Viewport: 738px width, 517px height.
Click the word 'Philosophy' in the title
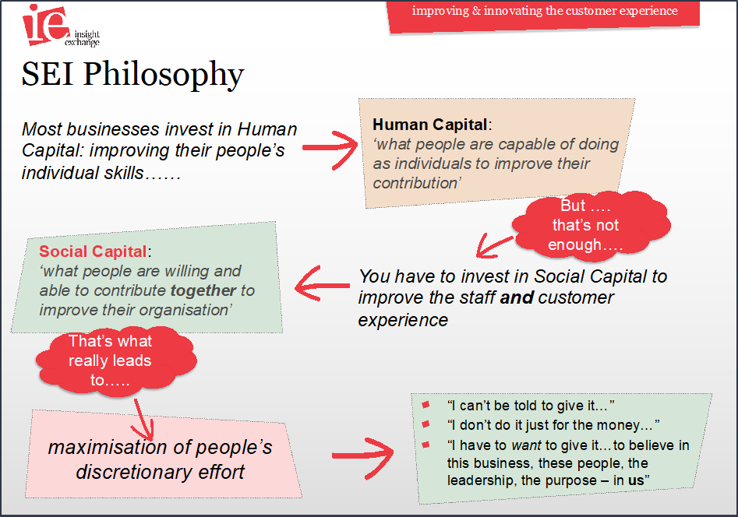point(164,75)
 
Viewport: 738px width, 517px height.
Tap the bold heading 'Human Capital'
point(429,125)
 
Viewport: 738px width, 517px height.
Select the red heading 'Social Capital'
point(93,251)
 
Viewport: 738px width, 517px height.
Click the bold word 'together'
point(203,290)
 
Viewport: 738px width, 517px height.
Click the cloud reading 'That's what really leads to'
point(115,360)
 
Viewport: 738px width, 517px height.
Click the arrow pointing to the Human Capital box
point(330,149)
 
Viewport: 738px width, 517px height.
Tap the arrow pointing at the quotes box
point(362,456)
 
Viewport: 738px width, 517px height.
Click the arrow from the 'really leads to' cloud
point(143,420)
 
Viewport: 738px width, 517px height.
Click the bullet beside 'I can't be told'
point(426,405)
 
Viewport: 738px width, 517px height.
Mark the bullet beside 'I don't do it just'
point(426,424)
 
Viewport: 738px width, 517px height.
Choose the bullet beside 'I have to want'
point(426,445)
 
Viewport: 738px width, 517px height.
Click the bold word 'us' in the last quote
point(636,480)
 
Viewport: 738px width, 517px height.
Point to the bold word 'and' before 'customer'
point(517,297)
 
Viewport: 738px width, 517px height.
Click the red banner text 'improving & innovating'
point(477,11)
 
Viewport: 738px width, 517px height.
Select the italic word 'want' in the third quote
point(526,445)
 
